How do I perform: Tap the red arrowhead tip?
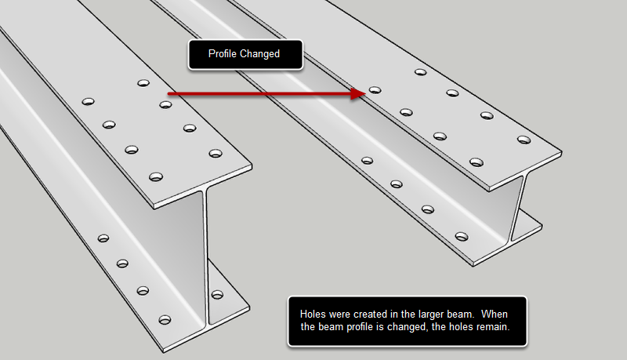coord(364,93)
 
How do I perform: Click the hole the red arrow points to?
coord(375,91)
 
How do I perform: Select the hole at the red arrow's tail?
coord(165,104)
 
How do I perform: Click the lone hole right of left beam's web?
coord(217,295)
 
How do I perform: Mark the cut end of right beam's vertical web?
coord(517,208)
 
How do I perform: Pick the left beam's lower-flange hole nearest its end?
coord(165,319)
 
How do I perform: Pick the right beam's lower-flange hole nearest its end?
coord(461,235)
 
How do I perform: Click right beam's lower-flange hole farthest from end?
coord(366,161)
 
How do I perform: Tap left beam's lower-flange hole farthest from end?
coord(103,238)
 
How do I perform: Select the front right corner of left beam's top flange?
coord(253,165)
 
